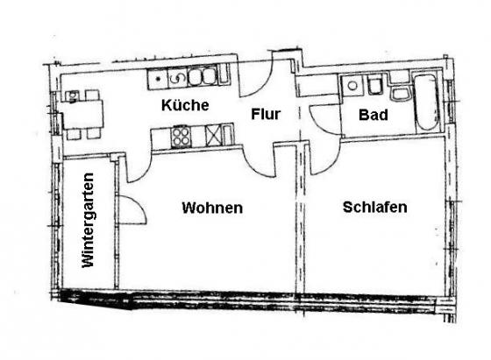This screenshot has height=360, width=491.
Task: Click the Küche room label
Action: (185, 105)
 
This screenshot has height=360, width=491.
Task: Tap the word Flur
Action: (266, 114)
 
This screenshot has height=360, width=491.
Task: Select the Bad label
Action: (374, 115)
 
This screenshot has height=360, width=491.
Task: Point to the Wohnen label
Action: (212, 208)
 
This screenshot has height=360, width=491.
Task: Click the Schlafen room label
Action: (375, 207)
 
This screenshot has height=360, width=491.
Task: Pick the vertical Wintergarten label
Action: (88, 220)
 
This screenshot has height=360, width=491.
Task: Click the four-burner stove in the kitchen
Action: (181, 136)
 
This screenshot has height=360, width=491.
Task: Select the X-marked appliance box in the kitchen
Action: (213, 135)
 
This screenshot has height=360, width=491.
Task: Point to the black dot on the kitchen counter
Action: (158, 79)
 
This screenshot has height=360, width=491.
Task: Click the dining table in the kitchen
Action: (82, 115)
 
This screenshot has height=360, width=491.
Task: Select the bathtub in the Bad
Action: (426, 102)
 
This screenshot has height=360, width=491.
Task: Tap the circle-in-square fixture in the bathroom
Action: (352, 85)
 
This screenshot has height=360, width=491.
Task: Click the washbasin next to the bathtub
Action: (400, 95)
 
